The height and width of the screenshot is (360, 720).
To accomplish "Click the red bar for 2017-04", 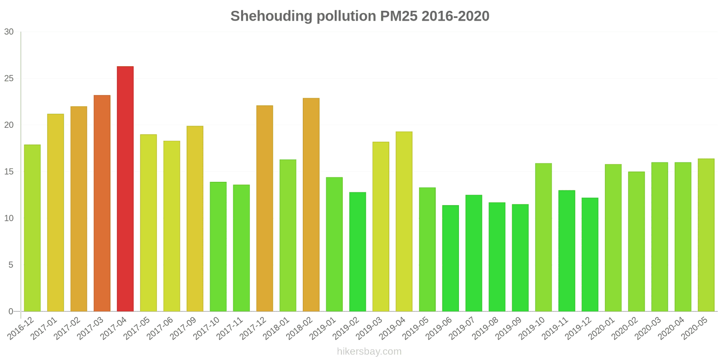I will coord(125,189).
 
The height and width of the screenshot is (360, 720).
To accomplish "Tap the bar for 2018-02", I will coord(311,205).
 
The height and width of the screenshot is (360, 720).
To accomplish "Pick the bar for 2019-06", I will coord(450,258).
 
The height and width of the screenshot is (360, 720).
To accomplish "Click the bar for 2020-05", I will coord(706,235).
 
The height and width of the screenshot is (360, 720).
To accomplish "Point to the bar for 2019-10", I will coord(543,237).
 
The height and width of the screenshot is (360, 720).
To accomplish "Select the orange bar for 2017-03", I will coord(102,203).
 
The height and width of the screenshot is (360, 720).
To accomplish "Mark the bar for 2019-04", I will coord(404,221).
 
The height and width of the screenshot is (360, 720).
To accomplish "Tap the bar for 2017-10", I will coord(218,247).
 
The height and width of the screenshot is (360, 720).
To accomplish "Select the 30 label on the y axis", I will coord(9,32).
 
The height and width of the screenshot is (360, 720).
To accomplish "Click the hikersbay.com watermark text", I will coord(369,351).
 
